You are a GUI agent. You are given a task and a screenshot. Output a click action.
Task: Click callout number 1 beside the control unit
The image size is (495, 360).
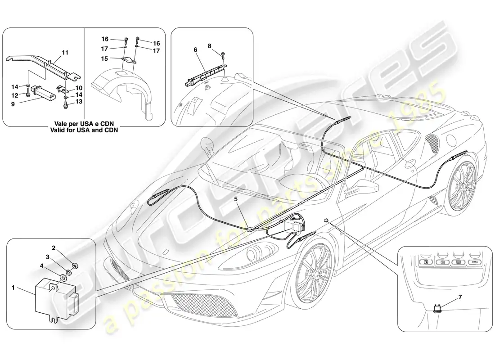[13, 288]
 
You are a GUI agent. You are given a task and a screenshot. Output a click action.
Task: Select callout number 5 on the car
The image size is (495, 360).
[235, 199]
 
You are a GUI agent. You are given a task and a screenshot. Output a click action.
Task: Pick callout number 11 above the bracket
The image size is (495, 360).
[65, 52]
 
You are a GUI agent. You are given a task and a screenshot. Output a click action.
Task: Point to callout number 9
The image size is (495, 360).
[13, 104]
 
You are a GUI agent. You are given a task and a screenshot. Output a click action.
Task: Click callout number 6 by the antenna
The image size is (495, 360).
[195, 50]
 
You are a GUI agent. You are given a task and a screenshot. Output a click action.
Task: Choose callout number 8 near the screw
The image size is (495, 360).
[209, 46]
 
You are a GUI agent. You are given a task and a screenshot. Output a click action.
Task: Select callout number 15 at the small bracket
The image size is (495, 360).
[104, 59]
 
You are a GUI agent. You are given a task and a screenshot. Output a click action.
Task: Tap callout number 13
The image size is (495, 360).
[79, 101]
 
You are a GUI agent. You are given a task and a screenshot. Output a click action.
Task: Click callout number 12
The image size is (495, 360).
[15, 95]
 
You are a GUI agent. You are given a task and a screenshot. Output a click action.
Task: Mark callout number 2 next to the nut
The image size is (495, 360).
[54, 248]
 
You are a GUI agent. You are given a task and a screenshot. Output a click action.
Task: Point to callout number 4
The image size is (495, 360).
[41, 266]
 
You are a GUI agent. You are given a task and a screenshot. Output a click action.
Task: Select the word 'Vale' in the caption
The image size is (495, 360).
[61, 124]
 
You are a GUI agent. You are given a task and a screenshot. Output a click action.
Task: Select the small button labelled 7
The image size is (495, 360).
[437, 308]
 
